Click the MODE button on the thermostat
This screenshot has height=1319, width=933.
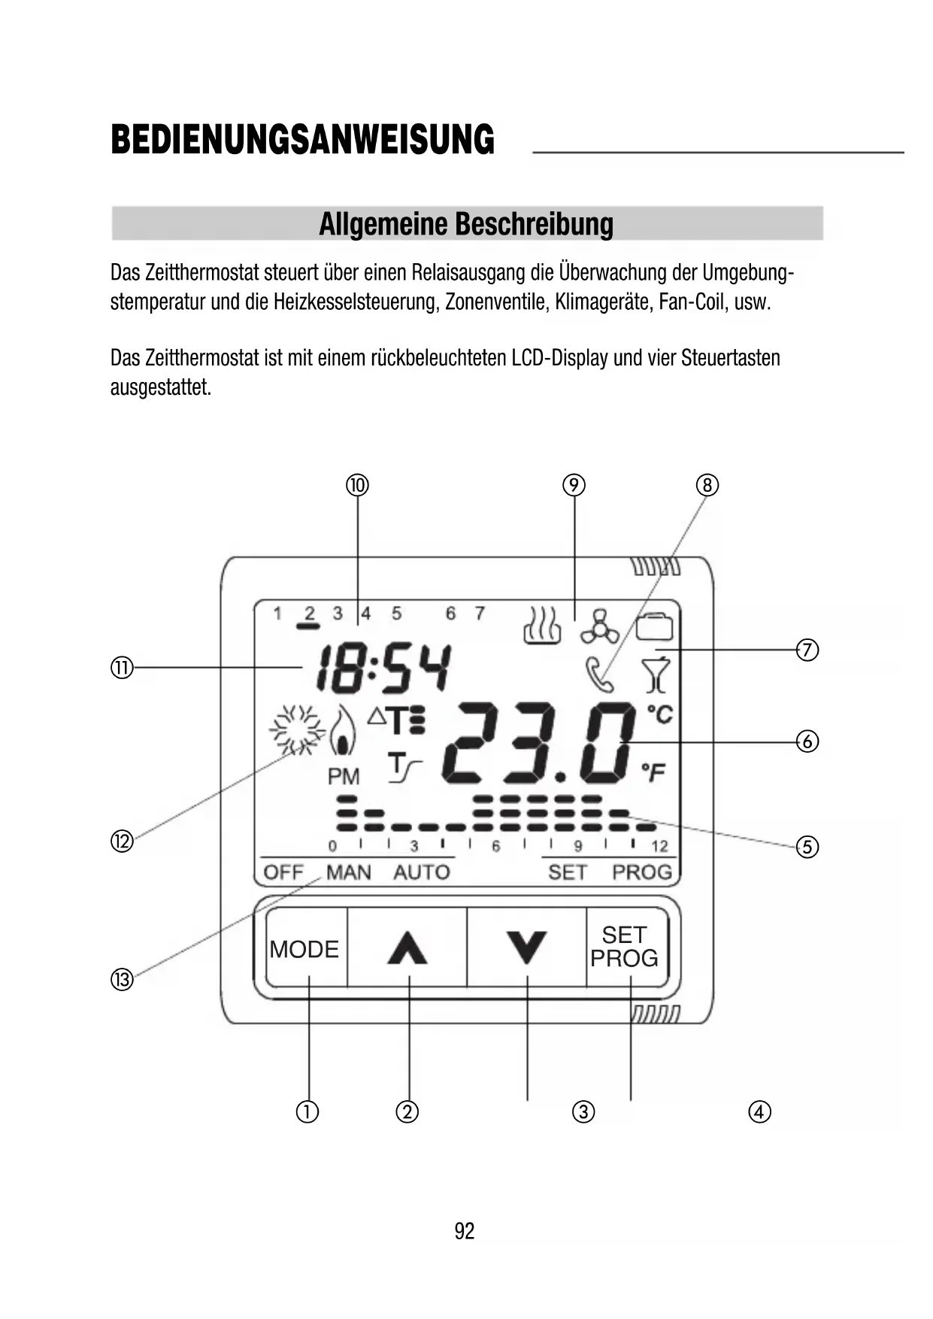tap(304, 949)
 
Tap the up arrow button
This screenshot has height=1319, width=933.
tap(407, 948)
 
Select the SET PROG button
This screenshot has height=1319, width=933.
tap(625, 947)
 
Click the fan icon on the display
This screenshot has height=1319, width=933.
tap(599, 626)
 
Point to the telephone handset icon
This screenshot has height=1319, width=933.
tap(599, 674)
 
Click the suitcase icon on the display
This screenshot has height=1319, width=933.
tap(655, 626)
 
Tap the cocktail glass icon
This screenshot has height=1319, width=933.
tap(656, 675)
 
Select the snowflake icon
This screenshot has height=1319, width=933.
tap(296, 729)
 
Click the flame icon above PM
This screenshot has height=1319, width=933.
tap(344, 731)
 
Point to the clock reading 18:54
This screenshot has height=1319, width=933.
tap(384, 669)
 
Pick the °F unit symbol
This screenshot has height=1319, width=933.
tap(653, 772)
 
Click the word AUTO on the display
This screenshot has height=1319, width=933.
tap(421, 872)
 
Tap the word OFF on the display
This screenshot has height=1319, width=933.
tap(283, 872)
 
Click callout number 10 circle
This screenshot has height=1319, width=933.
tap(357, 485)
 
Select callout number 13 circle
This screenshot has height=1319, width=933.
tap(122, 980)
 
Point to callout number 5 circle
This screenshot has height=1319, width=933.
tap(807, 847)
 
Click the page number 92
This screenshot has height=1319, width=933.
tap(465, 1231)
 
